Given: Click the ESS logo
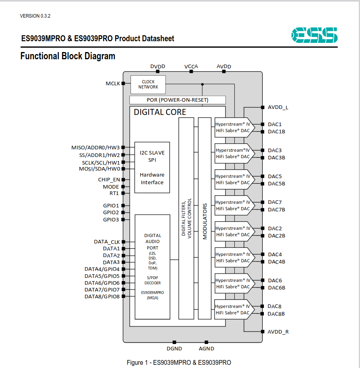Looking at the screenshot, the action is (x=314, y=35).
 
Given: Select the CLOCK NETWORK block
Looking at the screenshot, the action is (x=148, y=84).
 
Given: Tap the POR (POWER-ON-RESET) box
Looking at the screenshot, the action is (x=177, y=100).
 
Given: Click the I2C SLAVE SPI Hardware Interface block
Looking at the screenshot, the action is (x=152, y=167).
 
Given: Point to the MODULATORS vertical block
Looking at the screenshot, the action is (x=205, y=218).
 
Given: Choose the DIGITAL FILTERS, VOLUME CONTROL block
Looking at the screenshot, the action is (x=186, y=218).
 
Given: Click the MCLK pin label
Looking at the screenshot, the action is (x=113, y=84).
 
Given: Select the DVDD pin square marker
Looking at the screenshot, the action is (x=158, y=71).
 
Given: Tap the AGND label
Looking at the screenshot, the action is (x=206, y=348).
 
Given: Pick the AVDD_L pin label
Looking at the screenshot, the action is (x=278, y=107).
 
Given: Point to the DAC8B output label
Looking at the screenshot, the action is (x=276, y=314).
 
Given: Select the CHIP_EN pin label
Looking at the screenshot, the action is (x=109, y=180).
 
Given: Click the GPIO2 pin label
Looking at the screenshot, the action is (x=111, y=212).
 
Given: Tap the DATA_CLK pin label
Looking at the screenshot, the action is (x=107, y=242).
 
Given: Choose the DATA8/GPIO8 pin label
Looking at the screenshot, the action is (x=102, y=297).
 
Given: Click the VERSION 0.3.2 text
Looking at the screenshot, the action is (x=35, y=16).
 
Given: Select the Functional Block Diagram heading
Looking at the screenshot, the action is (x=68, y=56).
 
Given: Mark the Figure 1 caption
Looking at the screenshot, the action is (x=179, y=363).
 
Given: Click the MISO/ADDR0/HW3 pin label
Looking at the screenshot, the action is (x=96, y=148).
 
